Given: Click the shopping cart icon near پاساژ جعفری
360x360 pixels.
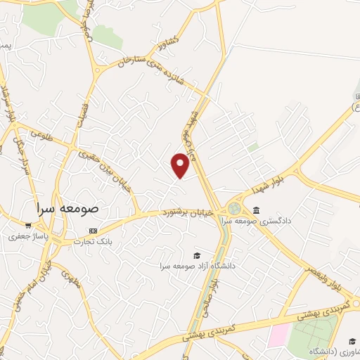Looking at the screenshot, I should tap(27, 226).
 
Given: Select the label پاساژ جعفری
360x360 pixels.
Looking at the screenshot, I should tap(27, 237).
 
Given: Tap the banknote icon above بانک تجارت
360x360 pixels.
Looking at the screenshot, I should tap(93, 231).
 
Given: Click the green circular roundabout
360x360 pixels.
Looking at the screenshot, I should tap(233, 209).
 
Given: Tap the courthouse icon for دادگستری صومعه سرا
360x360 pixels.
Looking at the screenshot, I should tap(255, 210).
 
